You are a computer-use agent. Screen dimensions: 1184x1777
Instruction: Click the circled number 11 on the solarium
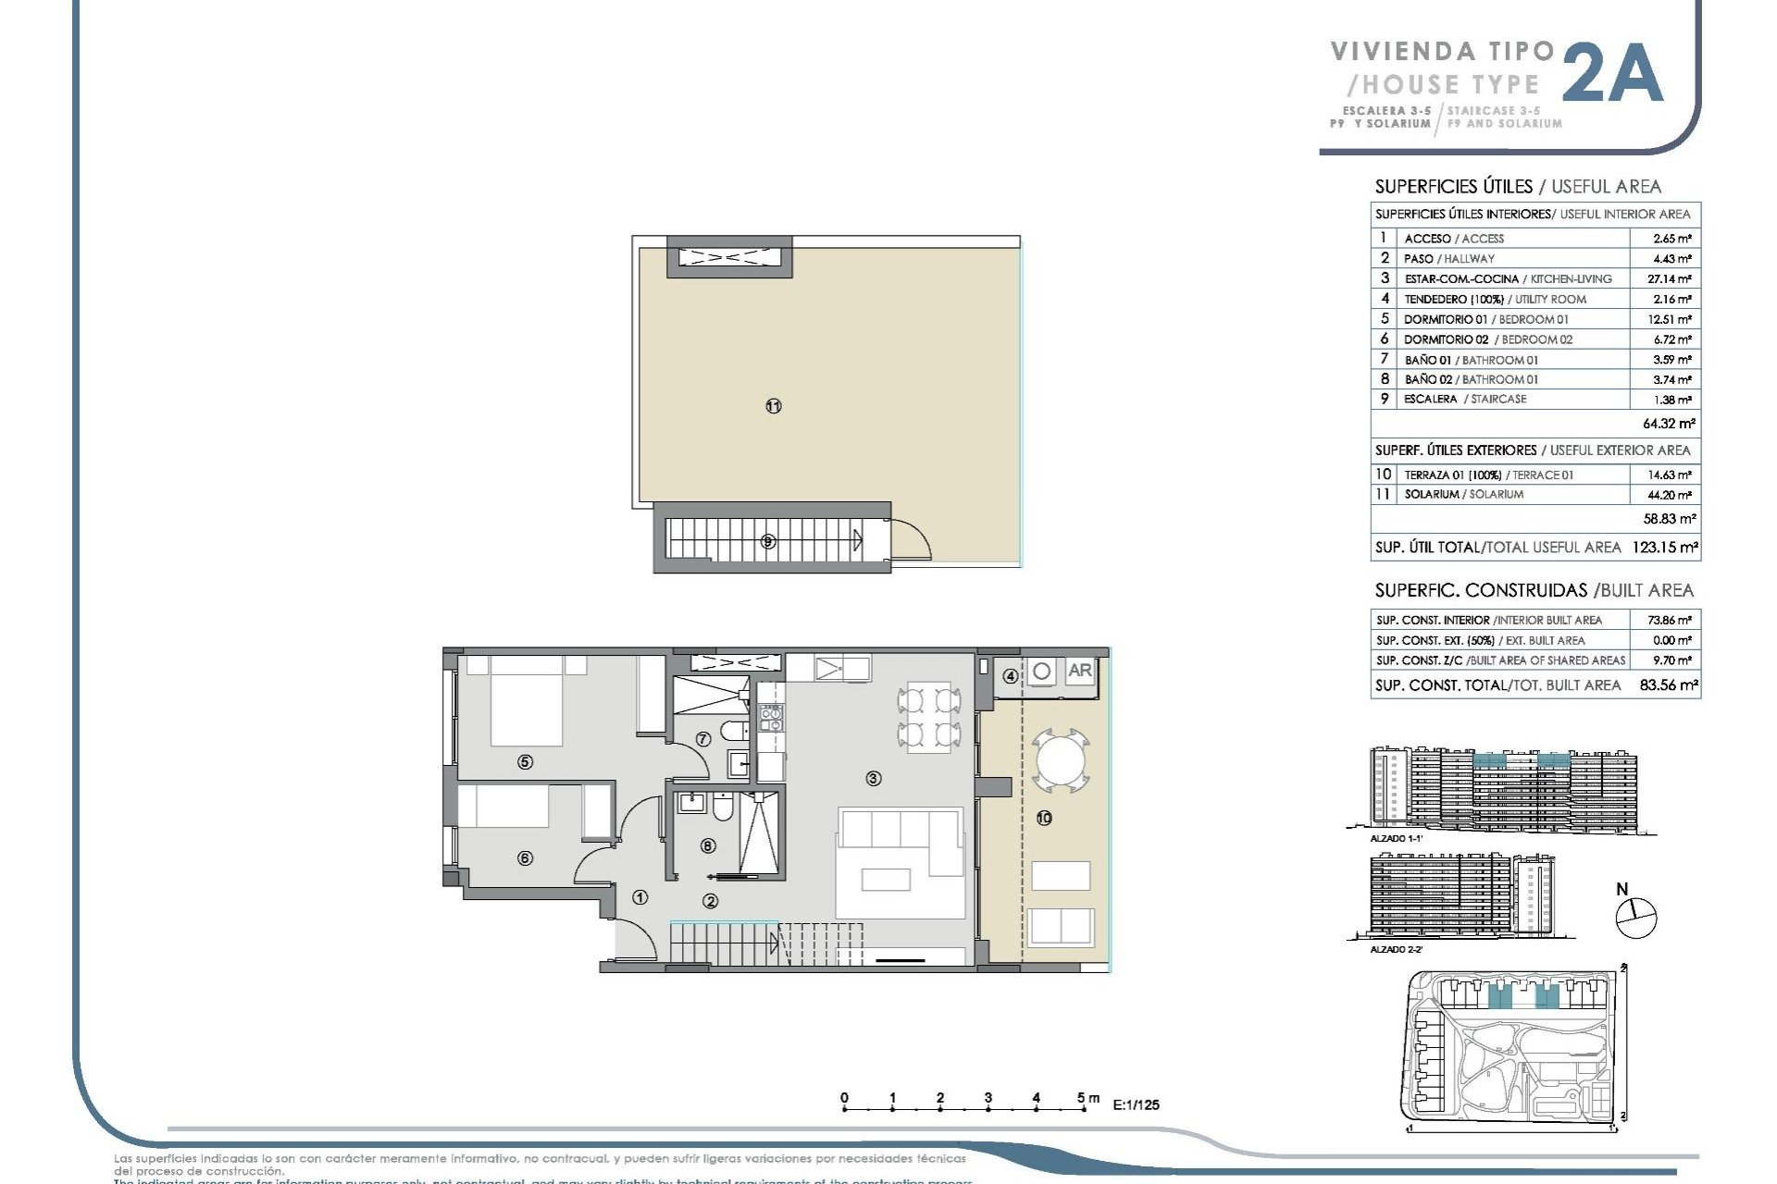[x=774, y=406]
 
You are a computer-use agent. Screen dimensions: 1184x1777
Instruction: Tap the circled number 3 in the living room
[x=873, y=779]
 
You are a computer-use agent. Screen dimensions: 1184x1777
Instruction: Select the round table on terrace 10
[x=1061, y=760]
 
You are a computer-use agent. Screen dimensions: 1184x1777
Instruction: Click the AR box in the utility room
[x=1079, y=672]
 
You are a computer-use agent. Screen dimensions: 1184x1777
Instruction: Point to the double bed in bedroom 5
[x=526, y=701]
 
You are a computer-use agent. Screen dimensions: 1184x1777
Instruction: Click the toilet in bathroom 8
[x=724, y=809]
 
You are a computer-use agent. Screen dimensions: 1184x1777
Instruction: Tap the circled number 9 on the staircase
[x=767, y=542]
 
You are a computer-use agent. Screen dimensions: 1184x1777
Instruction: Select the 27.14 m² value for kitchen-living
[x=1671, y=278]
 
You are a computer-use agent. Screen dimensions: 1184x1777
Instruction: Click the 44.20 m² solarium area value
[x=1671, y=495]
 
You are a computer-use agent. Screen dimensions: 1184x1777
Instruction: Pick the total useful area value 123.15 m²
[x=1664, y=548]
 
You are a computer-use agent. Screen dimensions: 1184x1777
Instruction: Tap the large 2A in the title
[x=1612, y=74]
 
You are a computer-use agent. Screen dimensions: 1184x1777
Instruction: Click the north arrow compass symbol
[x=1635, y=917]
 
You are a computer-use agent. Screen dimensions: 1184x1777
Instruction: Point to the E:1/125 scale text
[x=1136, y=1104]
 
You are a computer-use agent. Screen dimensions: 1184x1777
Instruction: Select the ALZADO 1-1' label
[x=1396, y=838]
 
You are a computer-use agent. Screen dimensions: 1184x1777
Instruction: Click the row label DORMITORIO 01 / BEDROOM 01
[x=1485, y=319]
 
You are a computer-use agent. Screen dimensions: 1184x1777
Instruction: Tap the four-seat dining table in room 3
[x=928, y=716]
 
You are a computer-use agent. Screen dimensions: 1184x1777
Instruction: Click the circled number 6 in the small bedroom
[x=525, y=858]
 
